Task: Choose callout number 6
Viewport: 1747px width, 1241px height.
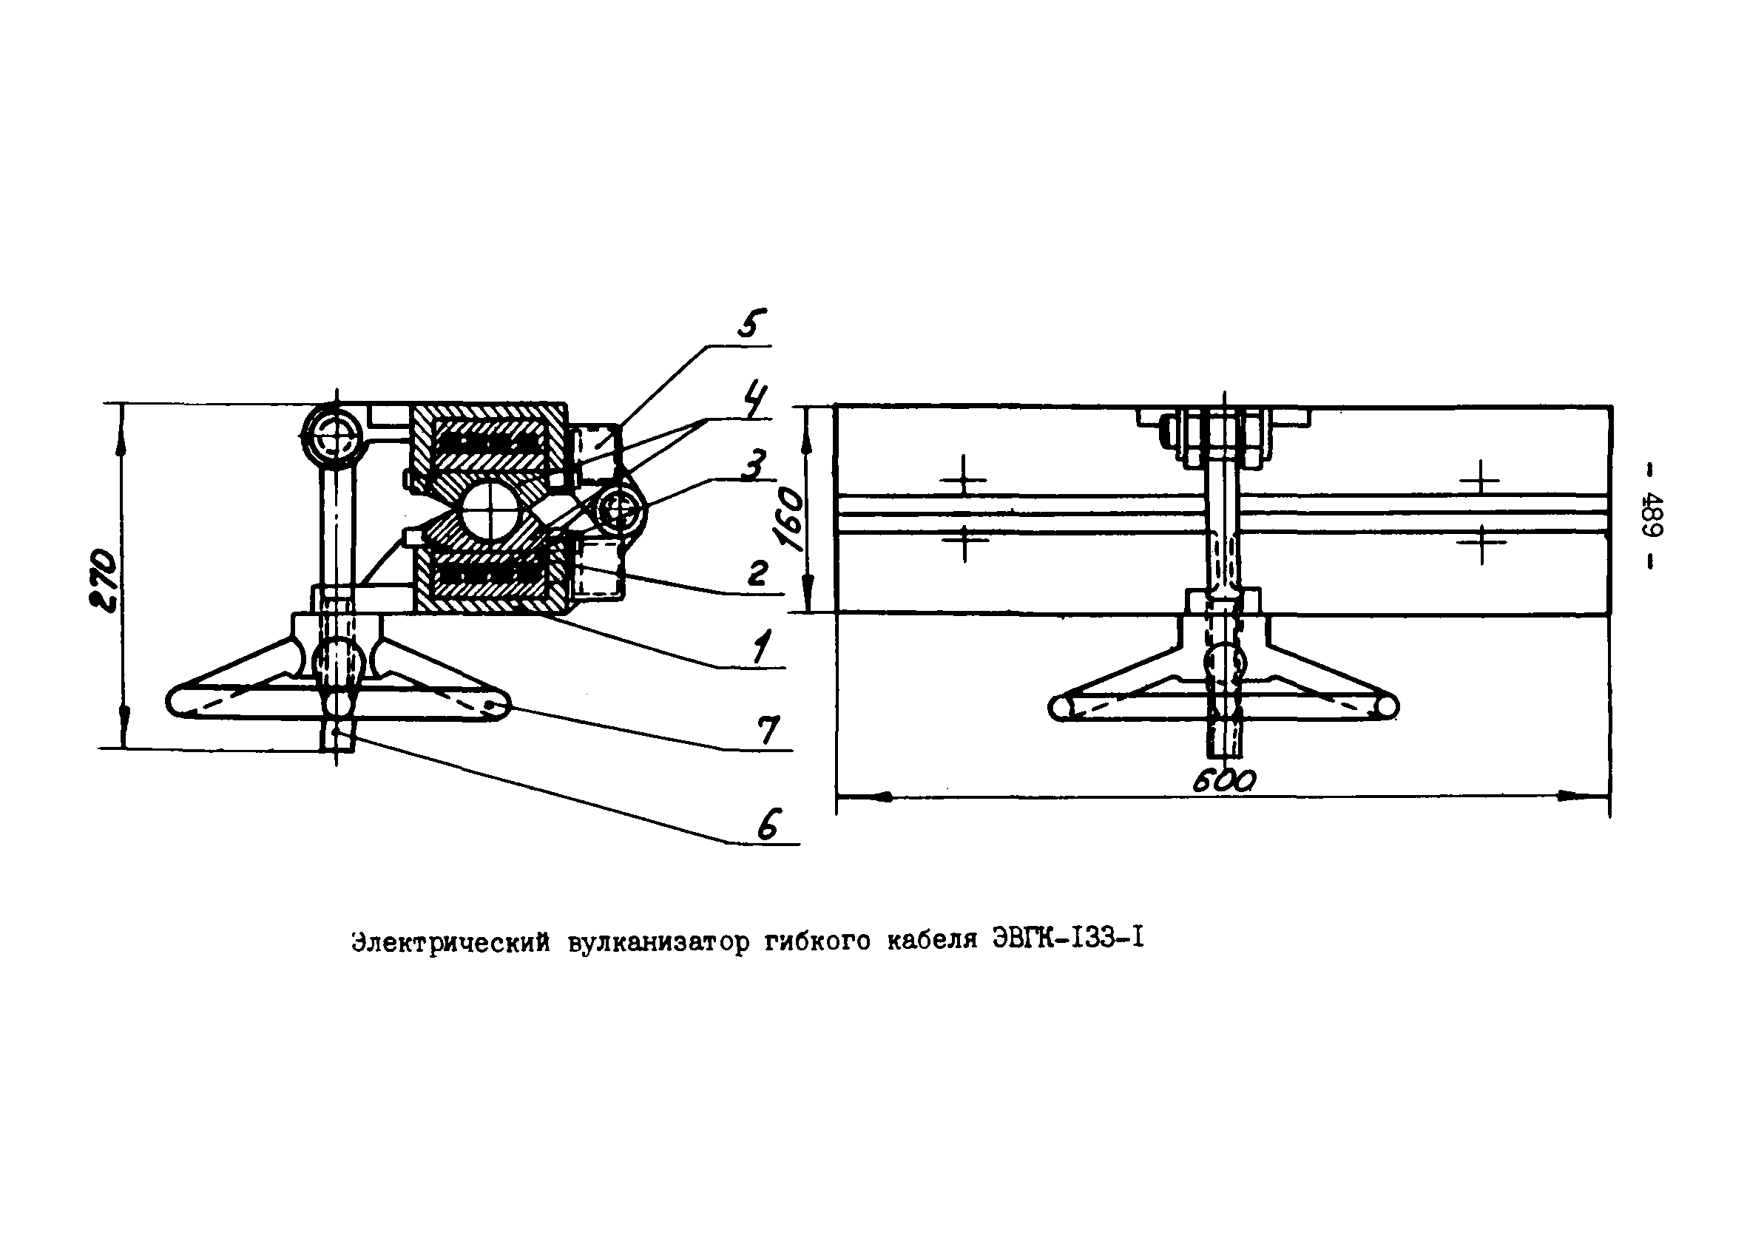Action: point(768,825)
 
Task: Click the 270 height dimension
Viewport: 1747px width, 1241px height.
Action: point(102,580)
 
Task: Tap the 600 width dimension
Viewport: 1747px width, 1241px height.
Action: point(1223,780)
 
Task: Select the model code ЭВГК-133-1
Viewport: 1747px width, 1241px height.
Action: point(1067,939)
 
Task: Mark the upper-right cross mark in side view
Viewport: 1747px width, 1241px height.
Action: point(1480,481)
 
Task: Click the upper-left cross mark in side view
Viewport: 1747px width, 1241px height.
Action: point(963,480)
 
